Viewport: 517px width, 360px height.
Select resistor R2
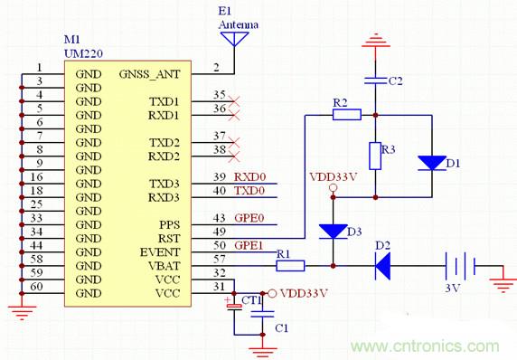[347, 115]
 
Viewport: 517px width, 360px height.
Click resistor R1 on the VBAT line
[290, 266]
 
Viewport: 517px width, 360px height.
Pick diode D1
[429, 164]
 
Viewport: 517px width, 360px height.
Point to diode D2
[382, 266]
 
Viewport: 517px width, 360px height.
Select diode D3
[334, 231]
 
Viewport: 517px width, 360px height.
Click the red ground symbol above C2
[374, 41]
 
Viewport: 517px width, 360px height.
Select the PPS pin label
[169, 224]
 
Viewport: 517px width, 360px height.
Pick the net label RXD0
[249, 177]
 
